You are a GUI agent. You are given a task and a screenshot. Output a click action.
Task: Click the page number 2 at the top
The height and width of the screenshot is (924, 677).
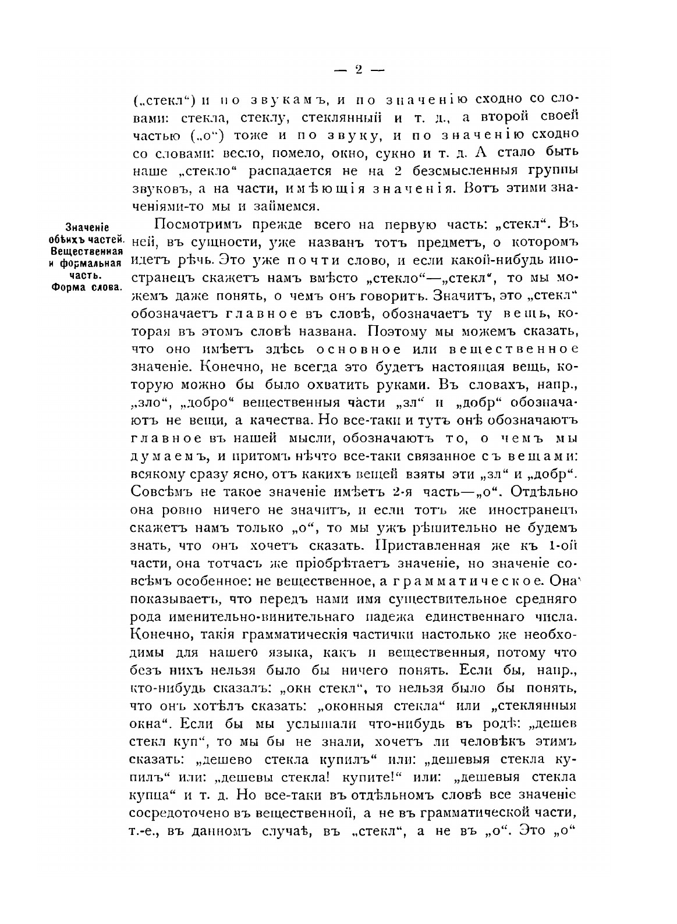point(358,69)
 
